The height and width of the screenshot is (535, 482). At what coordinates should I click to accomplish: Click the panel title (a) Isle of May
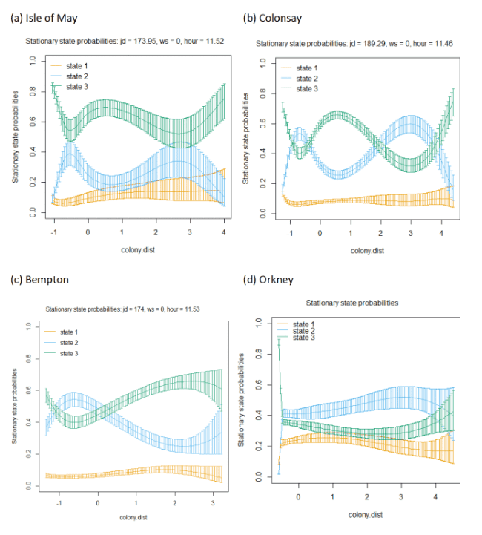(x=44, y=18)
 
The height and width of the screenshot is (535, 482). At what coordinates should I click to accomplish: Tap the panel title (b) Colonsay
(x=272, y=18)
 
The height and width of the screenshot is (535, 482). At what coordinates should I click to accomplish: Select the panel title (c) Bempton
(x=39, y=280)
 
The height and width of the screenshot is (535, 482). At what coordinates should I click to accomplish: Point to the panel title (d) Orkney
(x=268, y=280)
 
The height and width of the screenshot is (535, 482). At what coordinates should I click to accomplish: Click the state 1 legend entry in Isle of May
(x=69, y=66)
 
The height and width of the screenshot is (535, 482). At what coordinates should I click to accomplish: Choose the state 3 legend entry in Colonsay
(x=300, y=89)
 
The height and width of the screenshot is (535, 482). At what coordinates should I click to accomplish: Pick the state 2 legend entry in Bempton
(x=62, y=343)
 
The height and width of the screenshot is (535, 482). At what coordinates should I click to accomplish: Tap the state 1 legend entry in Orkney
(x=296, y=324)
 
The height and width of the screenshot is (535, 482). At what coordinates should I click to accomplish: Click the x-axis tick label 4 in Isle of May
(x=224, y=232)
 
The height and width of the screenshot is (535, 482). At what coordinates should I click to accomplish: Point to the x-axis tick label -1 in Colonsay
(x=290, y=234)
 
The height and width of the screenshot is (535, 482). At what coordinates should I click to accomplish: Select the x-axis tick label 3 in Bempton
(x=213, y=503)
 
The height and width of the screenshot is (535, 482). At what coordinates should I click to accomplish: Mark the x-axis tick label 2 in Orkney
(x=367, y=497)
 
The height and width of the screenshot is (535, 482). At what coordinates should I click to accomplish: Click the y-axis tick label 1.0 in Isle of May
(x=33, y=61)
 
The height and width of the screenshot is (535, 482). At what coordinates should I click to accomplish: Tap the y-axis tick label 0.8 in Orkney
(x=259, y=354)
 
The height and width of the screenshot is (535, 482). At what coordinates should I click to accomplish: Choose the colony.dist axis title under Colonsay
(x=368, y=251)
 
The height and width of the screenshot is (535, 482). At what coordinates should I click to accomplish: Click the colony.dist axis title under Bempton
(x=133, y=518)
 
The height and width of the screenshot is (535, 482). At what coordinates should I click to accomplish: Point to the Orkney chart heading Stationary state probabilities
(x=352, y=303)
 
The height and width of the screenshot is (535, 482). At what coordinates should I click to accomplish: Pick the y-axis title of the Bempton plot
(x=14, y=406)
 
